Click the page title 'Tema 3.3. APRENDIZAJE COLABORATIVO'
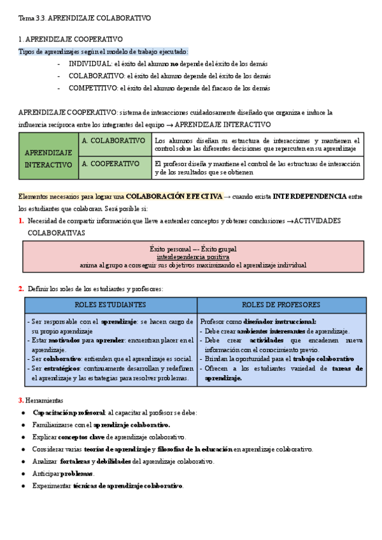[85, 19]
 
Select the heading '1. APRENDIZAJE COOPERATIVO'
[71, 39]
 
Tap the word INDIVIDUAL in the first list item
[90, 64]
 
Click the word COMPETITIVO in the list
[93, 89]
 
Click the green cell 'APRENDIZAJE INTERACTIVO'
[48, 159]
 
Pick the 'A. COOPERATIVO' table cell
[111, 164]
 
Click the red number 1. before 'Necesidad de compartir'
[21, 221]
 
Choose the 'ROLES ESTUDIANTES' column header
[110, 305]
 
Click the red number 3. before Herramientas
[21, 401]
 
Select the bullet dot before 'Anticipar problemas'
[24, 474]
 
